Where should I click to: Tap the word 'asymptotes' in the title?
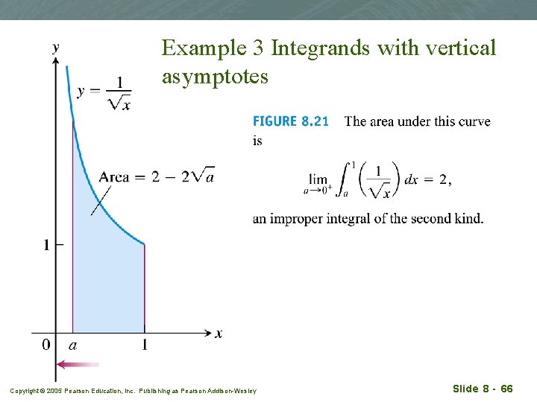click(215, 76)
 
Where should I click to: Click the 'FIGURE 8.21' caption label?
click(291, 121)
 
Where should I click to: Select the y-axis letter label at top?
click(56, 47)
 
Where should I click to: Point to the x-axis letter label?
click(219, 334)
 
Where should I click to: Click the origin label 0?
click(46, 345)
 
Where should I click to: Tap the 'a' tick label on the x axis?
click(73, 345)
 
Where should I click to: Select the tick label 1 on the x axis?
click(144, 345)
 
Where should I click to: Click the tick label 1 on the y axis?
click(46, 244)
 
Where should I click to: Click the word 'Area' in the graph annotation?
click(114, 177)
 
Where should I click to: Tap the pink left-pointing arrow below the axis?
click(78, 365)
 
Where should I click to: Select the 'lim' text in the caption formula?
click(318, 179)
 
